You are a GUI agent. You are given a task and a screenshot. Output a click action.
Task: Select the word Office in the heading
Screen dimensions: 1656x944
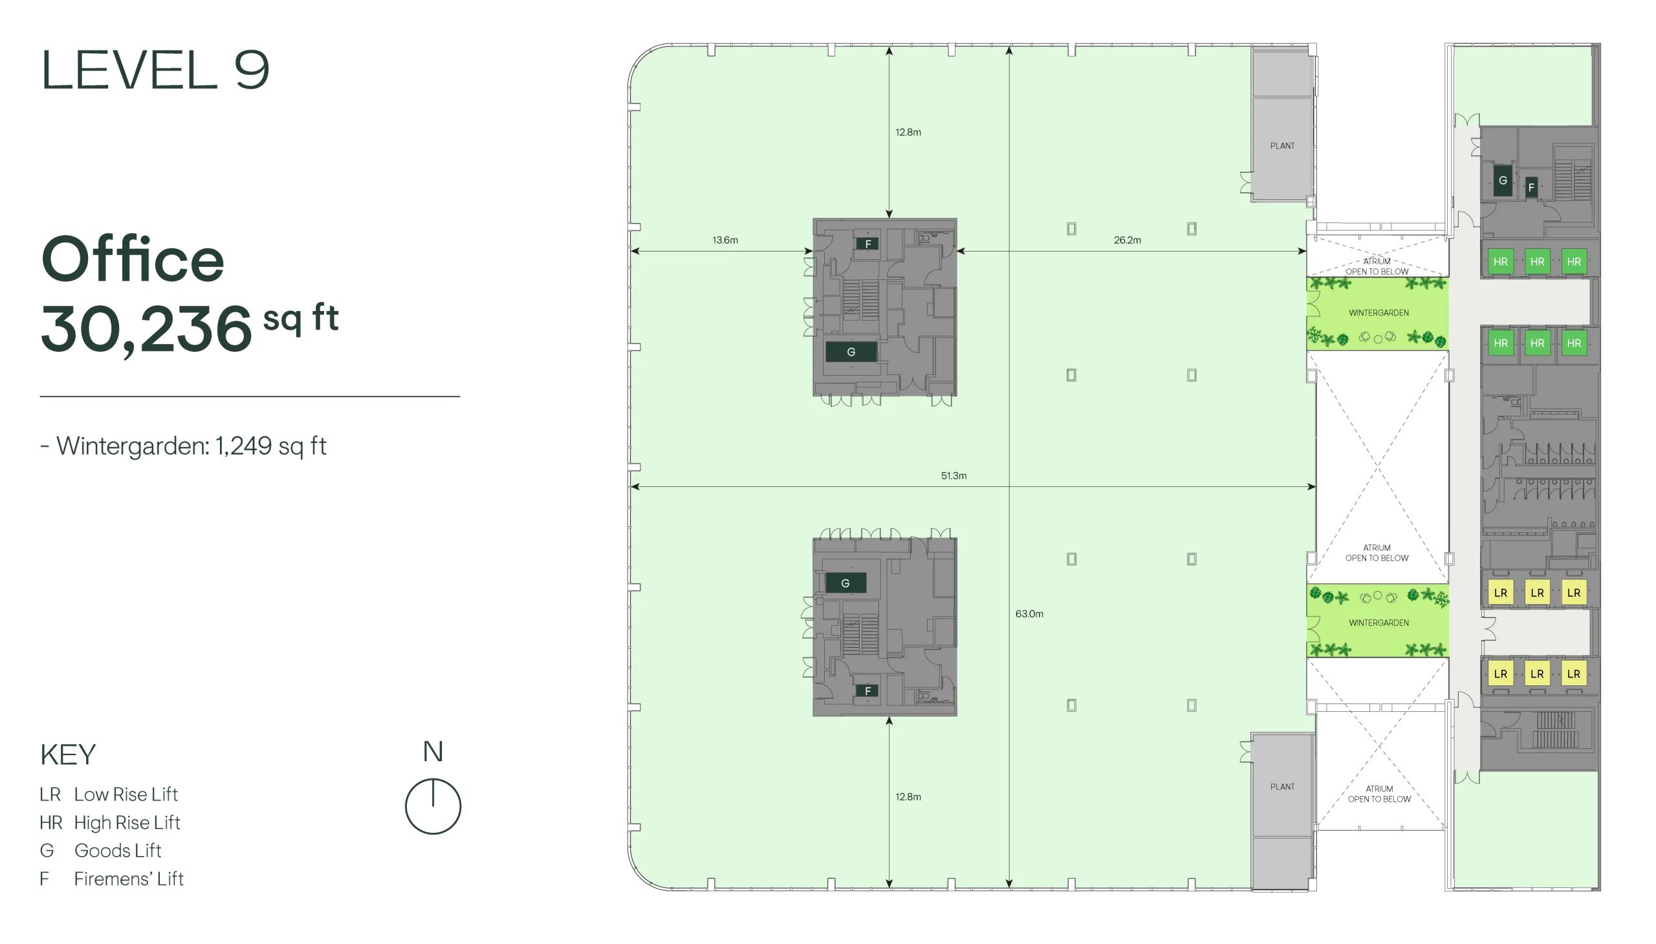point(133,259)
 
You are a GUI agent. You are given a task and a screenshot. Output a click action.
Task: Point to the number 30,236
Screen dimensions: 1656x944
point(146,328)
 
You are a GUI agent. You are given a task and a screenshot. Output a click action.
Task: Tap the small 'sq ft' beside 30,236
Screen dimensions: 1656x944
point(300,318)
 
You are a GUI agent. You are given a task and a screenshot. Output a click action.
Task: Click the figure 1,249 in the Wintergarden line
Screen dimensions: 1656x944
point(243,446)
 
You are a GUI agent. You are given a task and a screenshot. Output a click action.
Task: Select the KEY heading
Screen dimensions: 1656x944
point(67,755)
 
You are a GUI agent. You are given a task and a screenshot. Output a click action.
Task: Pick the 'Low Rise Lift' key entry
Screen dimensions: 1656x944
point(108,794)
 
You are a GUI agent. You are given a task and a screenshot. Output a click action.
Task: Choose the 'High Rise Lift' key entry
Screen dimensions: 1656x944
point(109,822)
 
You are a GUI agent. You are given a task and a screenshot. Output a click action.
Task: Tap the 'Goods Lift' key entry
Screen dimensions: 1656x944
point(100,851)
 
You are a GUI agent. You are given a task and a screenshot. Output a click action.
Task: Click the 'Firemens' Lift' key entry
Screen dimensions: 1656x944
point(111,879)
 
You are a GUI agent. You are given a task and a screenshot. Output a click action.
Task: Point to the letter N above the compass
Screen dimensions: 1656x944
point(433,752)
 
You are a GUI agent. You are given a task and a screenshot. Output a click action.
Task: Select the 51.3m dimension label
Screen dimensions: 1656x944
point(953,476)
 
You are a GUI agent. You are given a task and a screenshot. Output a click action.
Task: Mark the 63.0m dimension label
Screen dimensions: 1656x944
point(1029,614)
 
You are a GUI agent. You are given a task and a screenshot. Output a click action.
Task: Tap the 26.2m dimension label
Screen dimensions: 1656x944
point(1128,240)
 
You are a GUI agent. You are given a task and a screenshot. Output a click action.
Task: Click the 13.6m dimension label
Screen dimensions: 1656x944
point(725,240)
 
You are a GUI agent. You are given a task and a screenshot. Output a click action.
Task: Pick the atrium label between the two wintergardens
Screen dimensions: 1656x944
point(1377,553)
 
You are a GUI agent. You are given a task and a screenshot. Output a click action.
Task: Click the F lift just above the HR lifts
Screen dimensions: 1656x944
point(1531,188)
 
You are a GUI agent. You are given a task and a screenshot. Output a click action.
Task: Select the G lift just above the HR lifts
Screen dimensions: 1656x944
point(1502,181)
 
